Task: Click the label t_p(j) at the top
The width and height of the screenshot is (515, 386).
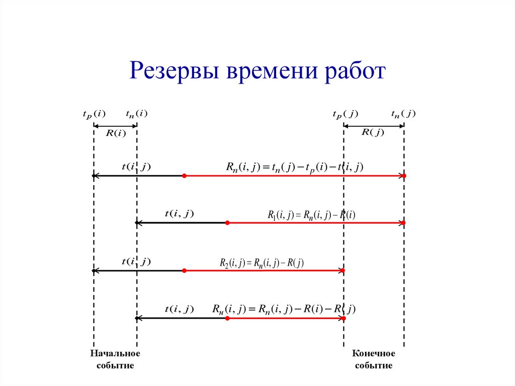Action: (345, 114)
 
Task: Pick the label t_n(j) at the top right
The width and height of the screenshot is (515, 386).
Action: (403, 114)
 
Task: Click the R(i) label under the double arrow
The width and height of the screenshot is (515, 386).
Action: (115, 133)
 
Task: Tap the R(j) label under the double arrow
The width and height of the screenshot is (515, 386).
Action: (373, 132)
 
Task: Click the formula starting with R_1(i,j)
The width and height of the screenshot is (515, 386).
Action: (311, 215)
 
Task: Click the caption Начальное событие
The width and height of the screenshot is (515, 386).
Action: (115, 359)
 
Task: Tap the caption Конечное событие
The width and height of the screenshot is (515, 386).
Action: (374, 359)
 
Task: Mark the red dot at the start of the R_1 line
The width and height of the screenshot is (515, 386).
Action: (227, 222)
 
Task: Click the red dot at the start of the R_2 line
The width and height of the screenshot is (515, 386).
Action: (185, 271)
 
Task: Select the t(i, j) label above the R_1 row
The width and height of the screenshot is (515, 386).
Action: (179, 214)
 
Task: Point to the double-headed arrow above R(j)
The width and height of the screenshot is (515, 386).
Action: (374, 125)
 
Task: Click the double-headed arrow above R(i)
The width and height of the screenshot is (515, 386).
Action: (115, 126)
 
